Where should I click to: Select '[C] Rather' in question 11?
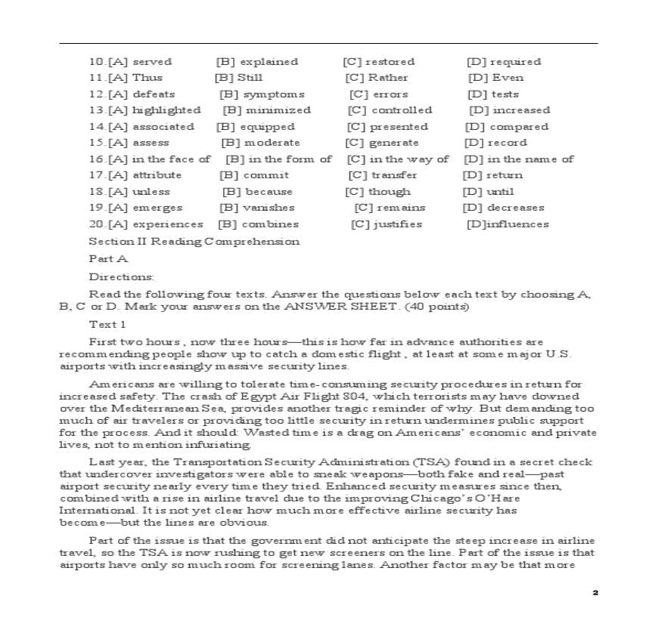tap(376, 78)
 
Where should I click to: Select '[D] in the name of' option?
tap(518, 159)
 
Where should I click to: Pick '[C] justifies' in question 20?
tap(386, 224)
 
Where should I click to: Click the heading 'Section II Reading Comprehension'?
tap(194, 242)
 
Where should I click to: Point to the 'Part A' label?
tap(108, 259)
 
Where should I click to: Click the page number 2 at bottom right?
tap(595, 593)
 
